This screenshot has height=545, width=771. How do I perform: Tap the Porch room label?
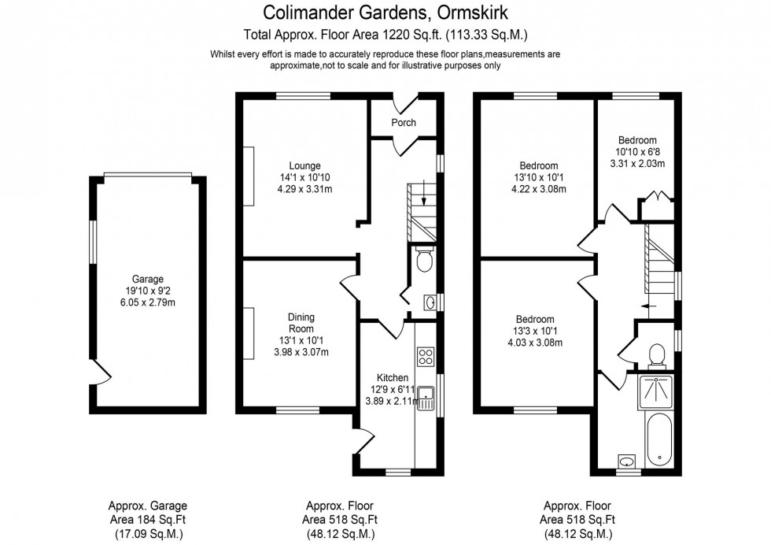click(404, 122)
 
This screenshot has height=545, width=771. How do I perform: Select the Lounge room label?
click(304, 166)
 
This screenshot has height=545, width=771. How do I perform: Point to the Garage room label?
click(148, 279)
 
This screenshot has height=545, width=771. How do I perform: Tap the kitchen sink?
click(426, 397)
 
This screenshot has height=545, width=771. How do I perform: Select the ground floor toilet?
click(424, 260)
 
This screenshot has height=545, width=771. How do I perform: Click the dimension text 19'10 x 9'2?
click(148, 290)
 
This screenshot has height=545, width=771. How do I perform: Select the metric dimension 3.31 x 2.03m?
click(636, 164)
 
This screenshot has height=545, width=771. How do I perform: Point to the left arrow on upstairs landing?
click(648, 305)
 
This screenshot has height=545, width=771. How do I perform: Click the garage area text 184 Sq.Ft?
click(147, 519)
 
